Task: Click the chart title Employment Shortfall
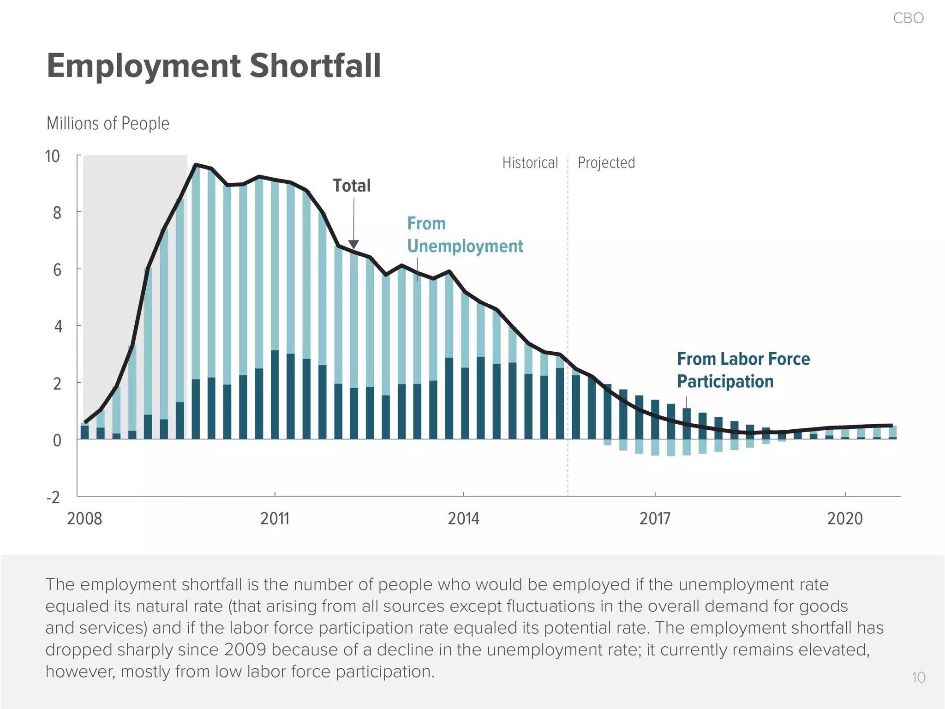(x=214, y=66)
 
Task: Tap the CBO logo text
(x=908, y=18)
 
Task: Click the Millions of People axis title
(x=108, y=124)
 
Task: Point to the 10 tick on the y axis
(x=52, y=156)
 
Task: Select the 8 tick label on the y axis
(x=57, y=213)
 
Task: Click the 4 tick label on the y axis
(x=58, y=327)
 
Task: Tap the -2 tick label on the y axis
(x=53, y=498)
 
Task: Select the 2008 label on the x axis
(x=84, y=519)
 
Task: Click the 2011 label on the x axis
(x=275, y=519)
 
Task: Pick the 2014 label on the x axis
(x=463, y=519)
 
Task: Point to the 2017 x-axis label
(x=655, y=519)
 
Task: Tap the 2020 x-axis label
(x=844, y=519)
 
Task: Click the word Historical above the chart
(x=530, y=163)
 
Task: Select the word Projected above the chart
(x=606, y=163)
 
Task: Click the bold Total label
(x=352, y=186)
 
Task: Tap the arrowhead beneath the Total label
(x=353, y=244)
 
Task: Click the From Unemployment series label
(x=464, y=234)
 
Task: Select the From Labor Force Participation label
(x=743, y=370)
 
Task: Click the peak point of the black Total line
(x=196, y=164)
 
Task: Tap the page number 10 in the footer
(x=918, y=678)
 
